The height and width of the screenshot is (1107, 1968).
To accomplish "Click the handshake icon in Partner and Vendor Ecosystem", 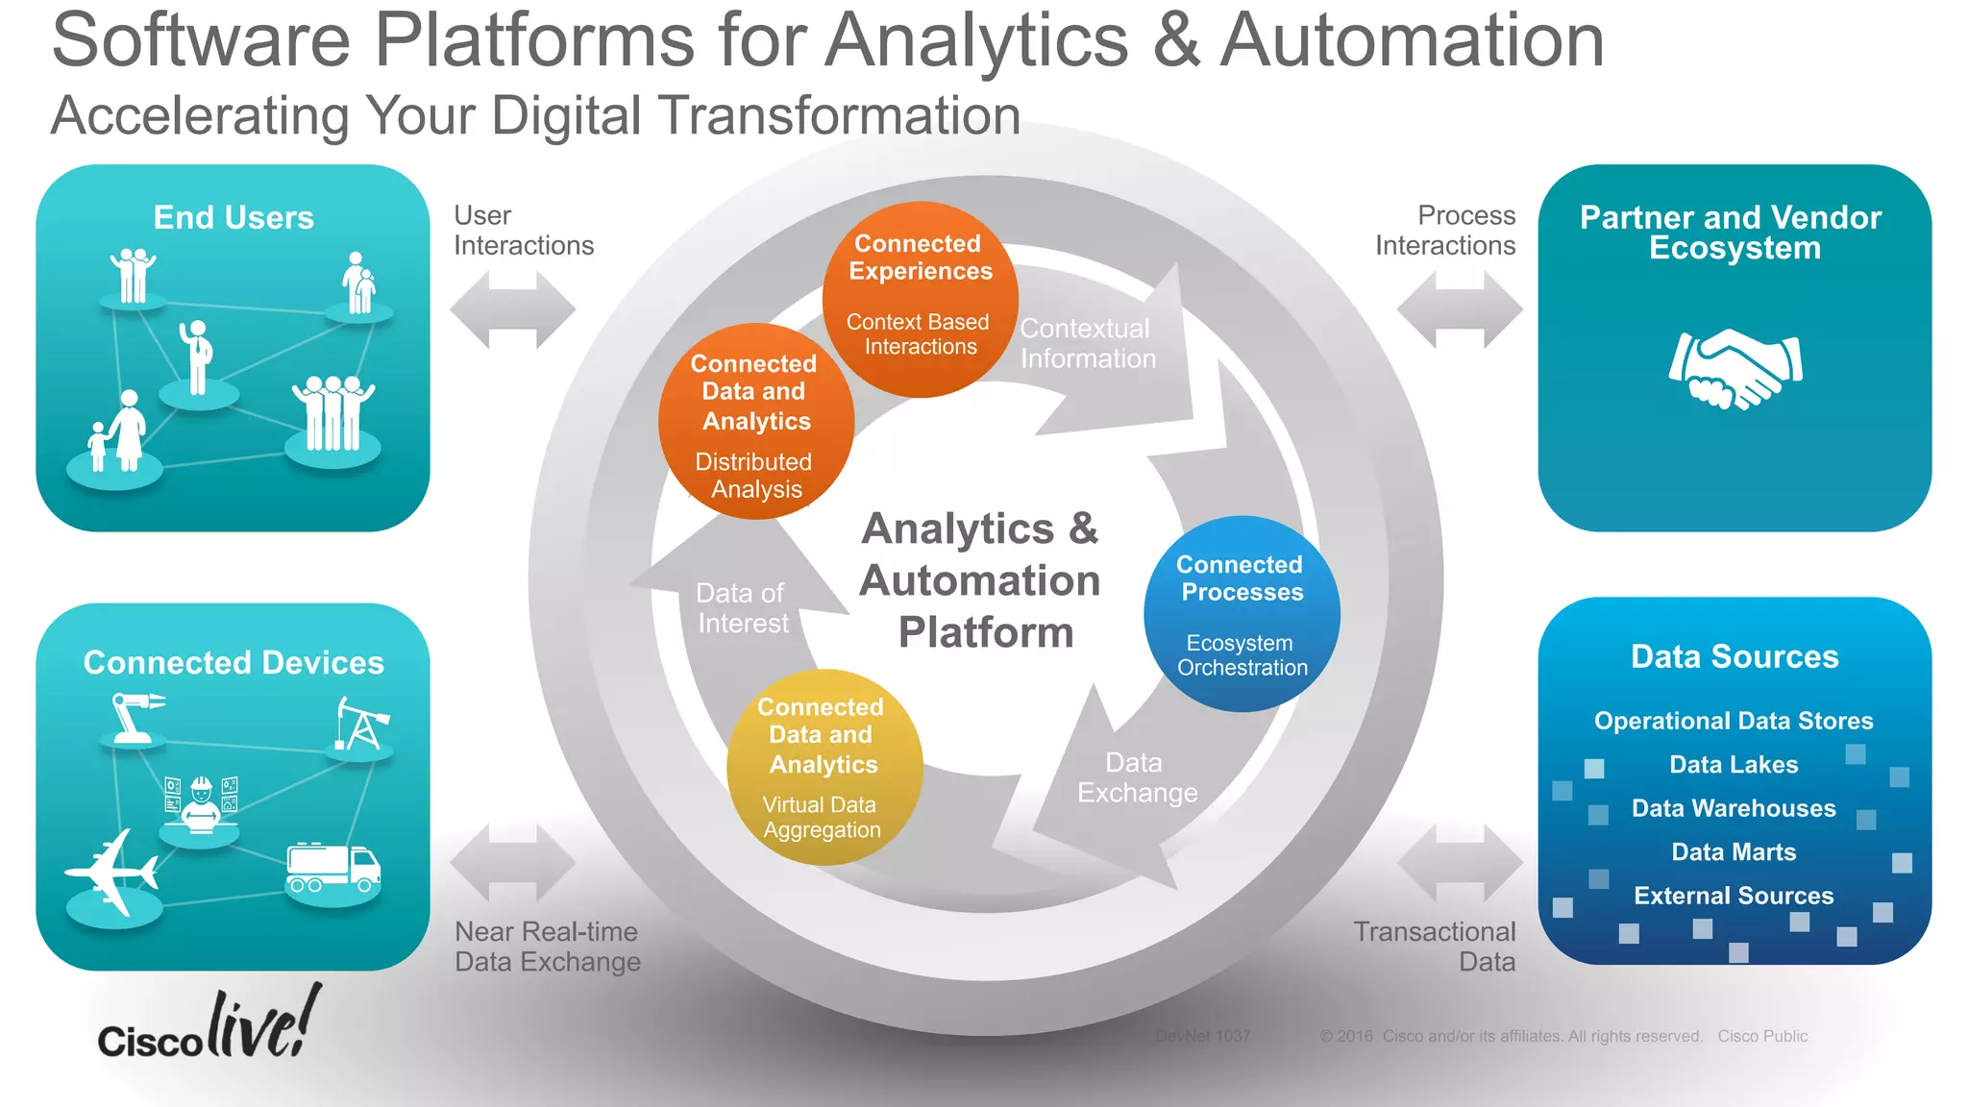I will [1735, 369].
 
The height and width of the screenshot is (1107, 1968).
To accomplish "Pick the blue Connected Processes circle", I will [1242, 614].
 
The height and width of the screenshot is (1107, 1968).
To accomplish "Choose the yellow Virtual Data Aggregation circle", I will [824, 767].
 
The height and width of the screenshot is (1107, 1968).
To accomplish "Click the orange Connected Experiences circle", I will [920, 298].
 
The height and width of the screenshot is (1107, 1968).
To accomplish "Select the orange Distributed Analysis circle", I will [756, 422].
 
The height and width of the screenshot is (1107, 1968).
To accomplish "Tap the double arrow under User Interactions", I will [512, 309].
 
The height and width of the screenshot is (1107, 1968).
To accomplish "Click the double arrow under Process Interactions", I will [1459, 309].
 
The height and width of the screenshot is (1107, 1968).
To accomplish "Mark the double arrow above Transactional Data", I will [1459, 862].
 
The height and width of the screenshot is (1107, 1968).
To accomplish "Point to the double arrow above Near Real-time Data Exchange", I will [512, 862].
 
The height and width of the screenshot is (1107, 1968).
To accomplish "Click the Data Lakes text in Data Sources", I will [1734, 765].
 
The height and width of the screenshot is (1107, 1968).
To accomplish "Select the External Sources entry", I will [1734, 896].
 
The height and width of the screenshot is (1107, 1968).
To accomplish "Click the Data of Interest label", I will [742, 608].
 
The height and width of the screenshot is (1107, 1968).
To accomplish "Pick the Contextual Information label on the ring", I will [1087, 344].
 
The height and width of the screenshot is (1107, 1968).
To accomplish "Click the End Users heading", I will [234, 218].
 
